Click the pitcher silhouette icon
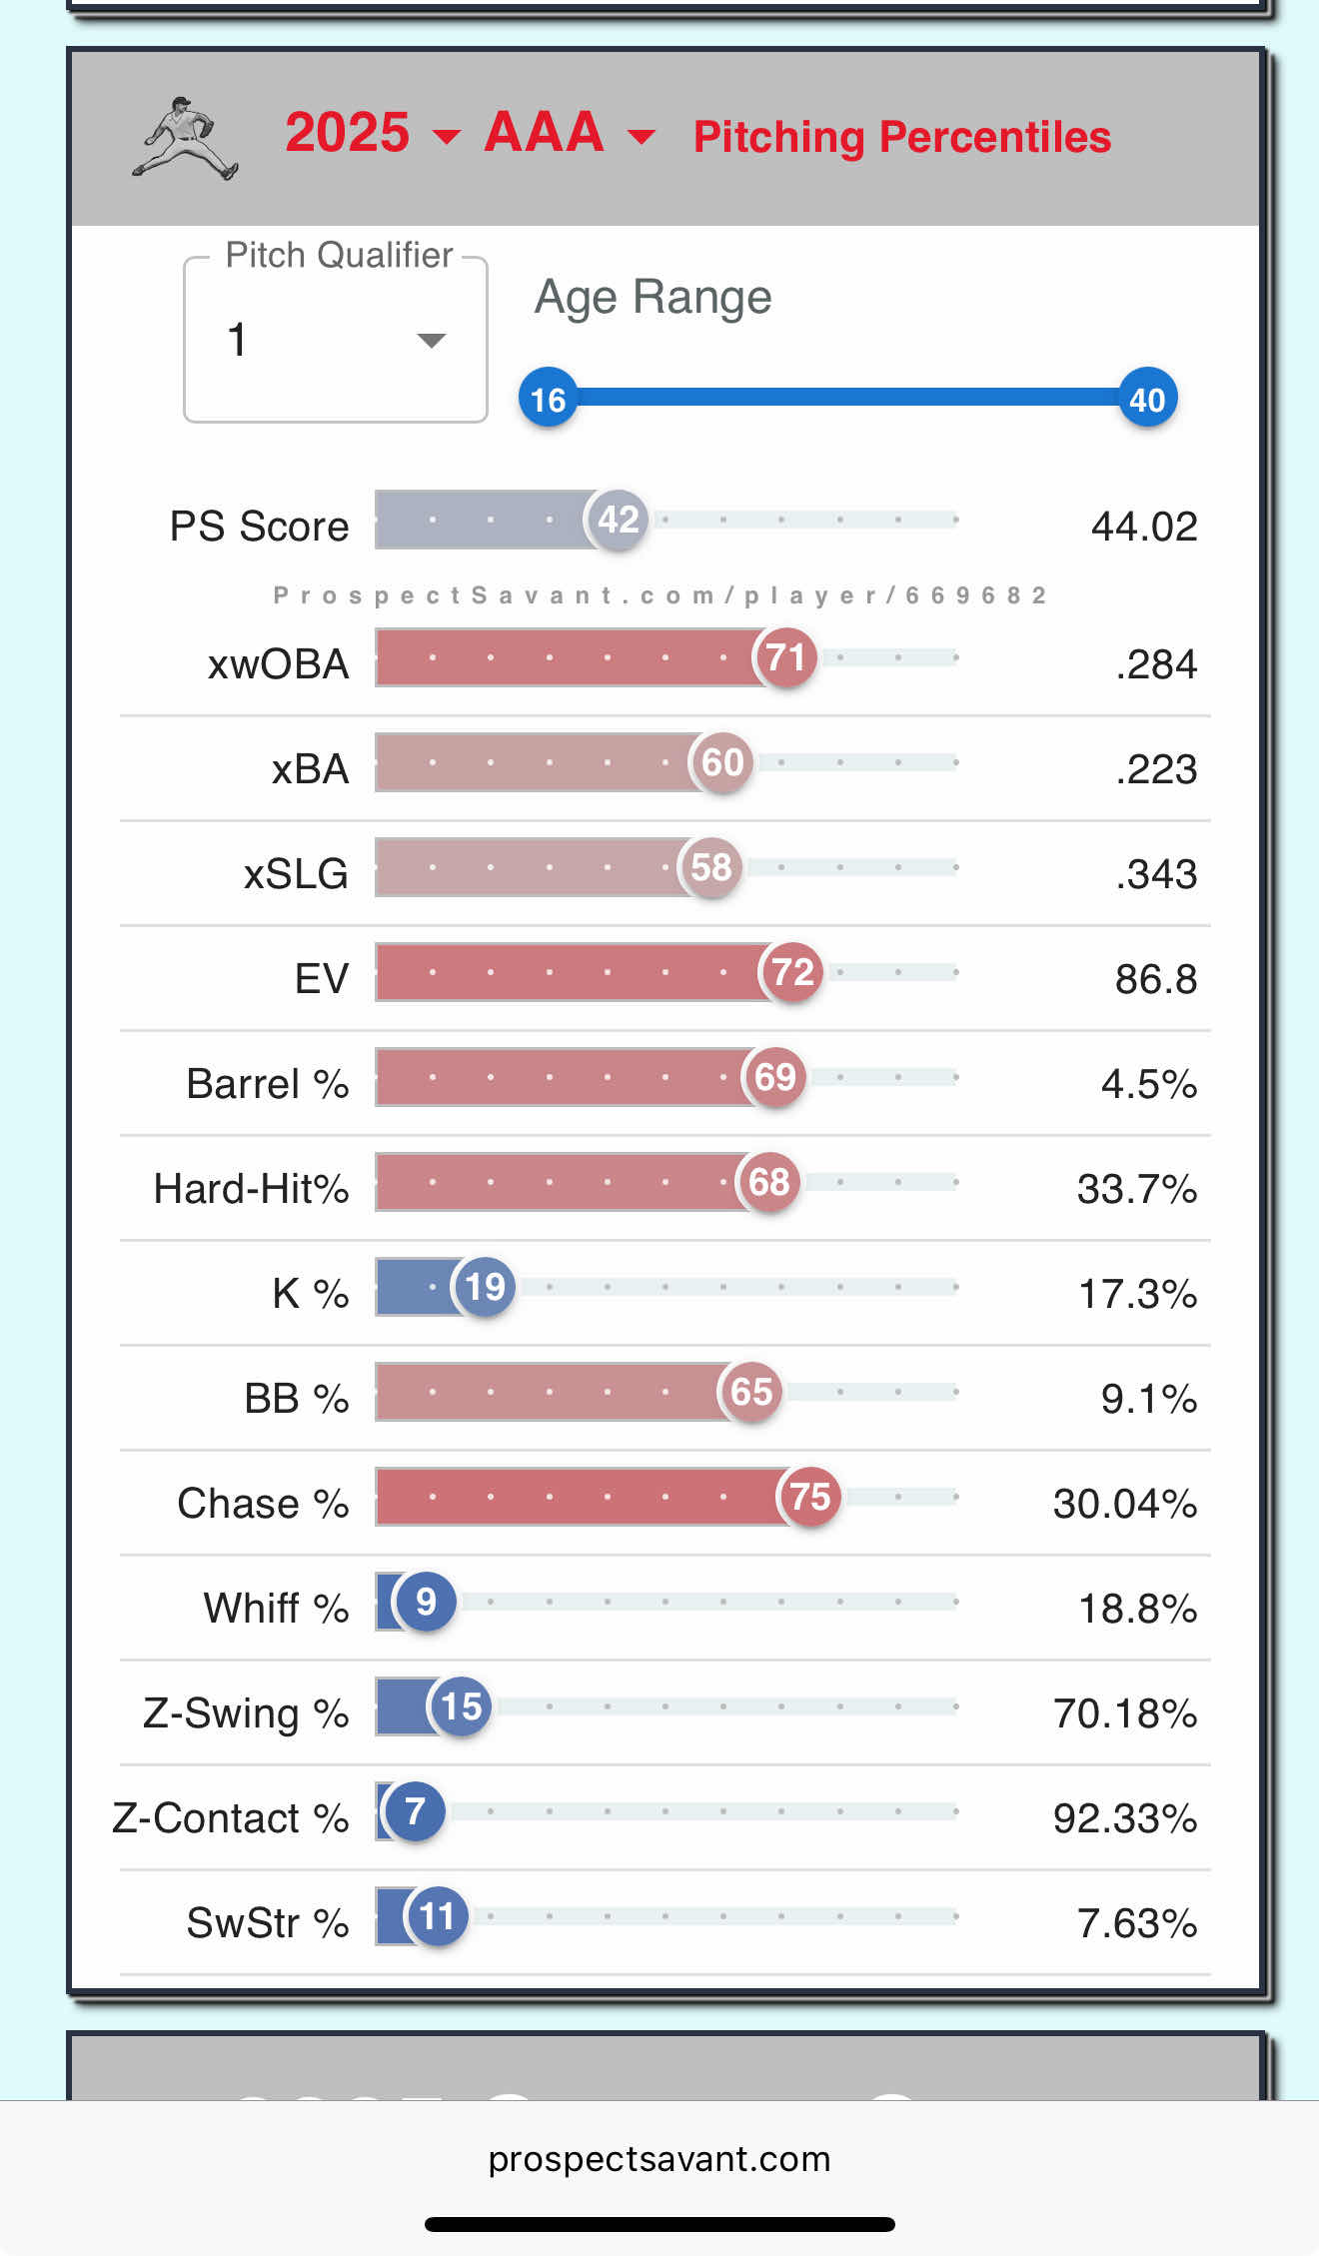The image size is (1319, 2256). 186,138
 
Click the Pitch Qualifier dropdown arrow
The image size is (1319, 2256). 431,341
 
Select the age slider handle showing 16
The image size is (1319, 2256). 548,399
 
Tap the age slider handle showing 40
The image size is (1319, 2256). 1147,399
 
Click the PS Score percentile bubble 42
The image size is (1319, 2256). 618,520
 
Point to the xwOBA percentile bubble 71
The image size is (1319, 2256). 785,657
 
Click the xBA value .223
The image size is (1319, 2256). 1156,769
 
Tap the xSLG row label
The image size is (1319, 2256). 296,874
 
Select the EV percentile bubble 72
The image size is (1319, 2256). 792,972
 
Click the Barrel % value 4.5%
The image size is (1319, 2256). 1149,1084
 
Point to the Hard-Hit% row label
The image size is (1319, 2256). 251,1189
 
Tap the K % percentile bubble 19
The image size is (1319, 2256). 485,1287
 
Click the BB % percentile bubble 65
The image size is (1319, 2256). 750,1392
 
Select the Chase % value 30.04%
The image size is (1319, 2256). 1125,1504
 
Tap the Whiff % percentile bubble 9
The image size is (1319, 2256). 426,1602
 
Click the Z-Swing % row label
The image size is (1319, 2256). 246,1713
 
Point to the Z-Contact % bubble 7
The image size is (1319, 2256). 415,1811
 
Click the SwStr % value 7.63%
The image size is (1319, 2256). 1137,1923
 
